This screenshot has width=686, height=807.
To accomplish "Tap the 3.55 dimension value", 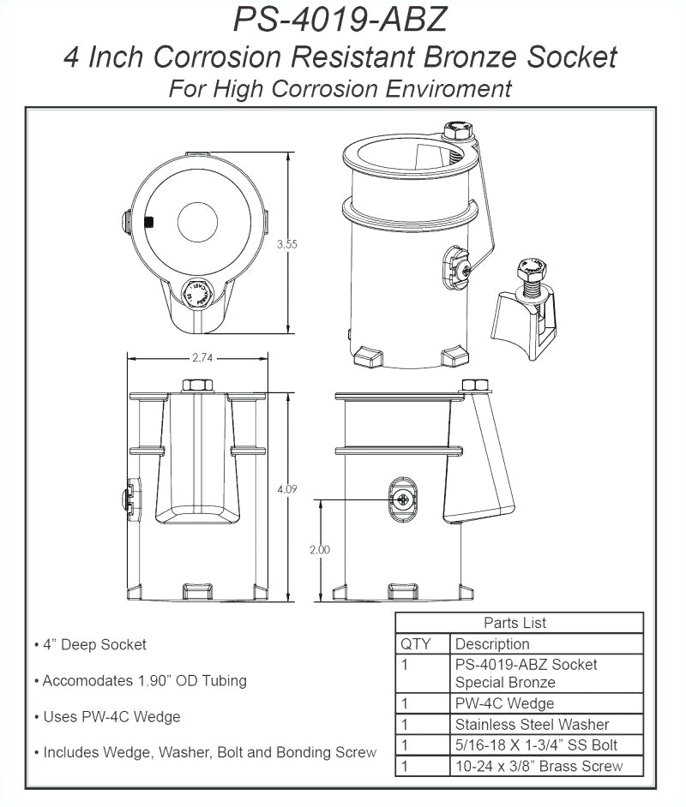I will (x=287, y=244).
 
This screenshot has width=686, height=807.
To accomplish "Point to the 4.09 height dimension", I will (x=287, y=488).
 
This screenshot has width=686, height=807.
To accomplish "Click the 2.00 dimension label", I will (x=320, y=550).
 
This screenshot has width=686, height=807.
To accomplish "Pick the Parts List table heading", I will (x=514, y=623).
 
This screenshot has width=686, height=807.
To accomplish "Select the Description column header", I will (x=492, y=644).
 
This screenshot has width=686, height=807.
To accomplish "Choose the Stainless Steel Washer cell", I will (x=532, y=725).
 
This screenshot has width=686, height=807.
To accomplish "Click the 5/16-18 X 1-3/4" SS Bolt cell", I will (x=536, y=745).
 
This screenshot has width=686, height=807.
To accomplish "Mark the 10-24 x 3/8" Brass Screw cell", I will (x=539, y=766).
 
